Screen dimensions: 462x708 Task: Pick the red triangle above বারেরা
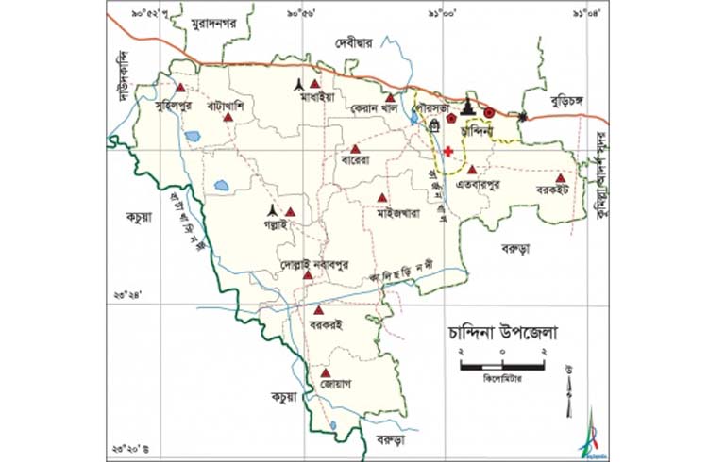click(x=355, y=149)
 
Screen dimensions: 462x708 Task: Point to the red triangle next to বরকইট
click(x=560, y=176)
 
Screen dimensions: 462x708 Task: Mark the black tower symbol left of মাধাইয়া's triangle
click(x=299, y=82)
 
